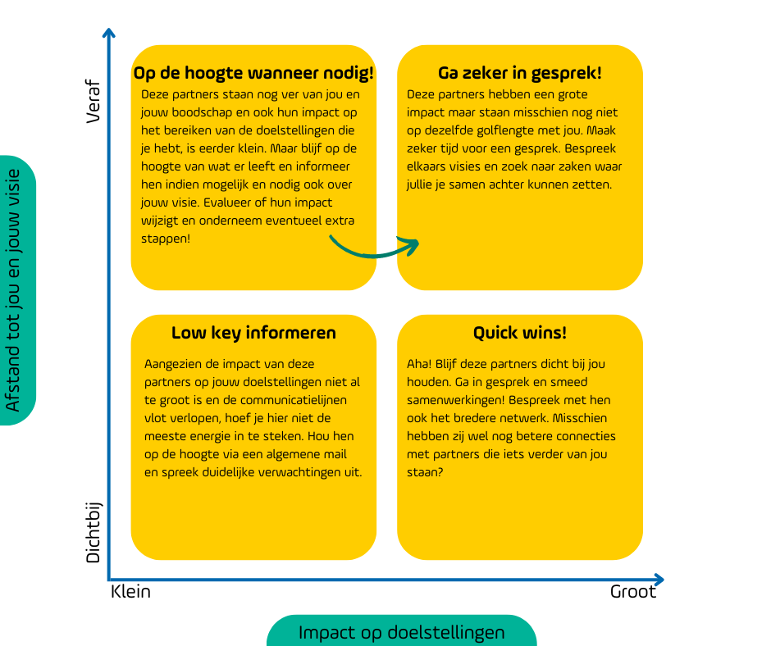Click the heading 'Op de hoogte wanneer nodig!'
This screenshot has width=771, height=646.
coord(253,73)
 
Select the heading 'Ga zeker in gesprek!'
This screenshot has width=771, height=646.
coord(520,73)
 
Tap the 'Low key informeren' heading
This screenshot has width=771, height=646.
coord(253,333)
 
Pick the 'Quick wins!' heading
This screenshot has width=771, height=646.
coord(520,333)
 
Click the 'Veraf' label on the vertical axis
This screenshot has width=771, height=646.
coord(93,102)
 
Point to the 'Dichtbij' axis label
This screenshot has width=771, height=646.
coord(93,532)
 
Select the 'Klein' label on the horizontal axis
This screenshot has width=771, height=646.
coord(130,591)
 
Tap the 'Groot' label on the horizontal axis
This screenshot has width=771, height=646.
coord(633,591)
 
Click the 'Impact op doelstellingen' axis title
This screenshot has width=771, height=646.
coord(401,632)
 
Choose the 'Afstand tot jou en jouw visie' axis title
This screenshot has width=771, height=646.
coord(13,290)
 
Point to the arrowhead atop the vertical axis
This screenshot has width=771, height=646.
coord(108,33)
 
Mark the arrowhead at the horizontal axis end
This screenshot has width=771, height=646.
coord(659,580)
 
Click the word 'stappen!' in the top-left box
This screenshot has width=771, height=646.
coord(165,239)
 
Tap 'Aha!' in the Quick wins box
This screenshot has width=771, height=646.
coord(419,364)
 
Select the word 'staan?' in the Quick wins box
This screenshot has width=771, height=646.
coord(425,472)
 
